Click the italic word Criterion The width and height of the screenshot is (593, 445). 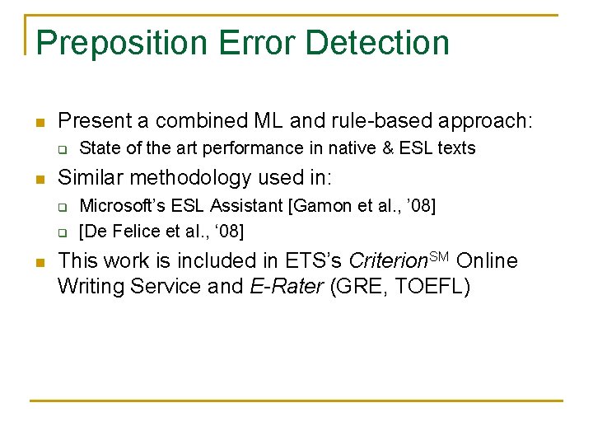coord(386,261)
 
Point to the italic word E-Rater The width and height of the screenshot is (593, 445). coord(286,287)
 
